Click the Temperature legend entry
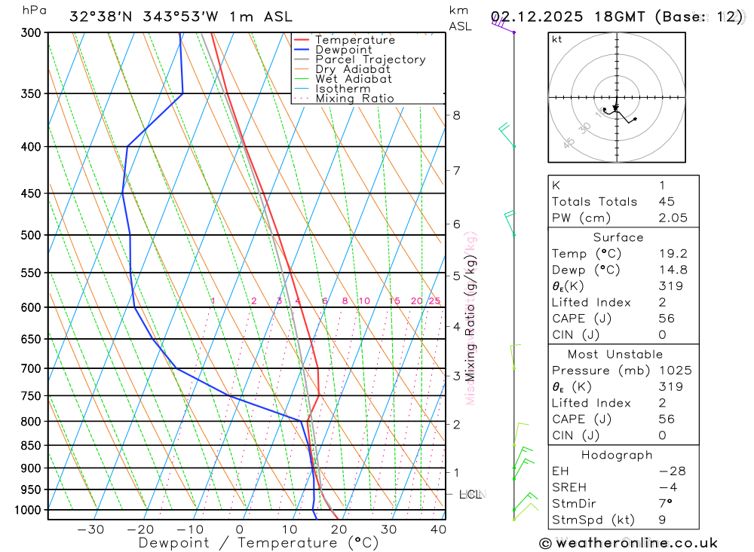(x=354, y=40)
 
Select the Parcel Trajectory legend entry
(x=370, y=59)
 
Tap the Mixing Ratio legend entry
(x=354, y=99)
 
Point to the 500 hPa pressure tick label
(x=31, y=235)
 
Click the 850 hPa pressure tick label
(x=31, y=446)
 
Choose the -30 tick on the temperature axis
(x=90, y=529)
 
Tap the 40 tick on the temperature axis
(x=438, y=529)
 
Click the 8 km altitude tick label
(x=456, y=115)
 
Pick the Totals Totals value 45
(x=666, y=201)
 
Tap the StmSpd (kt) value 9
(x=661, y=520)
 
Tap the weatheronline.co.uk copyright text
(x=629, y=543)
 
